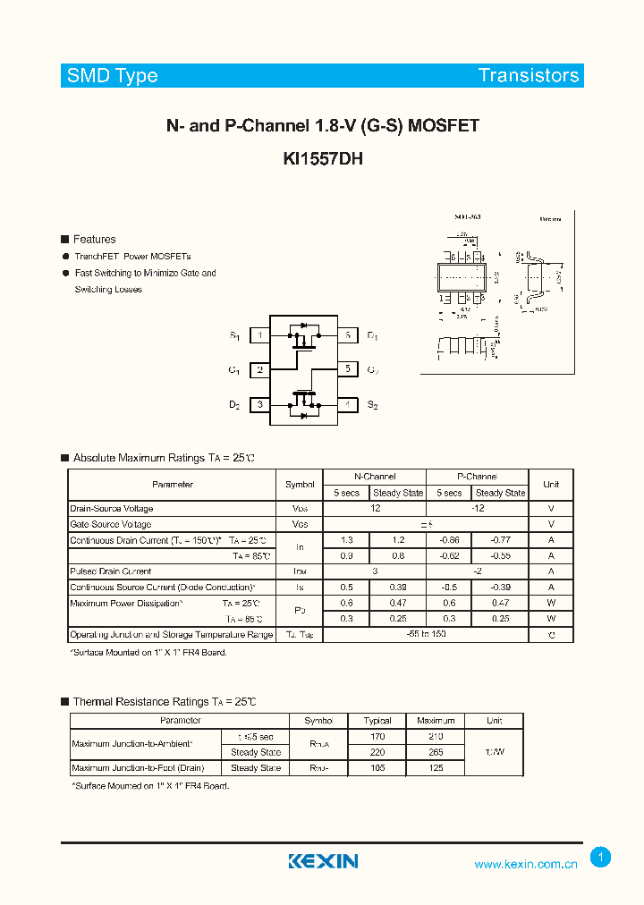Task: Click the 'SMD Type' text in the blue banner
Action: (113, 76)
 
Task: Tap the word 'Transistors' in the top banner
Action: (528, 76)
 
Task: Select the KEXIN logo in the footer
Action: (323, 861)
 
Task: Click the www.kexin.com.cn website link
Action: (525, 864)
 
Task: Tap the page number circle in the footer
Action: (601, 858)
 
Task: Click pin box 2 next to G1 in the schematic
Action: (259, 369)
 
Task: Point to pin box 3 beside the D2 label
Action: (259, 404)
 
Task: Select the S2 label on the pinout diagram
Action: (372, 405)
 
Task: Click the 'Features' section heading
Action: (94, 239)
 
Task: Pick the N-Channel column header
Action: (374, 477)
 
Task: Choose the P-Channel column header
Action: (477, 477)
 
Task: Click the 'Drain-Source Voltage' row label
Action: (112, 508)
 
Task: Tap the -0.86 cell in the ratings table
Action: (450, 540)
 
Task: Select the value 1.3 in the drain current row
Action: (347, 540)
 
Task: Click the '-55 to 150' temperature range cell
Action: (426, 634)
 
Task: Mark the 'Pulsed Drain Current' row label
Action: (111, 571)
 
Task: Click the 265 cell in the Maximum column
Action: (436, 752)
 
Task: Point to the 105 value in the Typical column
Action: (378, 768)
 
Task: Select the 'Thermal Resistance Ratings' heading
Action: (164, 702)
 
